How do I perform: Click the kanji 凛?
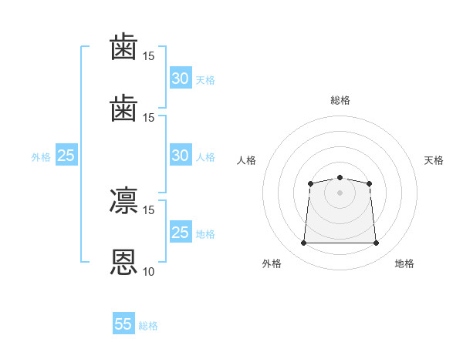[123, 200]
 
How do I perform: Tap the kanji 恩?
[123, 262]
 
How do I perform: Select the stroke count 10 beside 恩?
[148, 271]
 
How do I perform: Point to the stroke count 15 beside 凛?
[148, 210]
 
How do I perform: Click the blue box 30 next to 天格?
[181, 78]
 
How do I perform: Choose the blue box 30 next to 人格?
[181, 155]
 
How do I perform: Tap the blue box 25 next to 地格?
[181, 231]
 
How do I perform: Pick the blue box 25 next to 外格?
[66, 155]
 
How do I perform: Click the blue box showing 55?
[123, 323]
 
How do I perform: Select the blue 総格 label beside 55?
[148, 326]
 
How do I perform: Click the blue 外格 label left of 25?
[41, 157]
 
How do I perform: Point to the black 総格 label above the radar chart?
[340, 100]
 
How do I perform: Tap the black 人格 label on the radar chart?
[246, 160]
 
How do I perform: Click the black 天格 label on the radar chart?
[434, 160]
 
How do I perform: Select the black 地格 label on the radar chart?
[404, 263]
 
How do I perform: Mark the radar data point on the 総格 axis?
[340, 177]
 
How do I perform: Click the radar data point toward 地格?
[376, 243]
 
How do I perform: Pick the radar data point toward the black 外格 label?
[303, 243]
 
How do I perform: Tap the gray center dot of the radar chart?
[340, 193]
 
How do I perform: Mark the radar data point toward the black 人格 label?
[311, 183]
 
